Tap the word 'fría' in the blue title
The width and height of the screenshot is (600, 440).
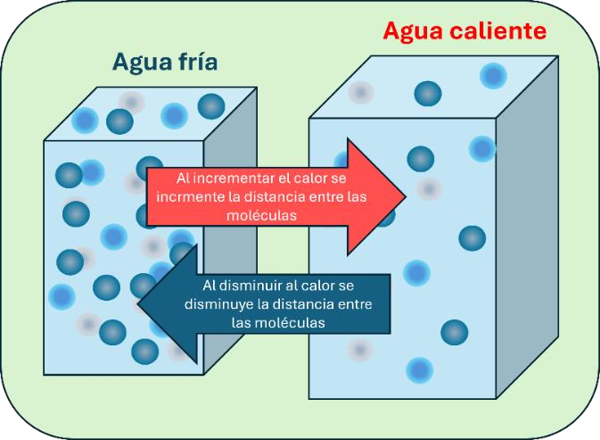[198, 62]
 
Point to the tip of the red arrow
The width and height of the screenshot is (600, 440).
[406, 197]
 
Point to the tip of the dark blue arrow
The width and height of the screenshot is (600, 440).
[137, 303]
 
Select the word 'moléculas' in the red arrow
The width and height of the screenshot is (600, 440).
[262, 215]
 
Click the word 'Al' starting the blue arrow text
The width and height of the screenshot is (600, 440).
[209, 286]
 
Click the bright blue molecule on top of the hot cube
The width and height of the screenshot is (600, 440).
[493, 76]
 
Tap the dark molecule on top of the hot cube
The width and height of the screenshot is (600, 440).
[428, 94]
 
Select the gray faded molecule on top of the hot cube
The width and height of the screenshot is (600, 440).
[360, 92]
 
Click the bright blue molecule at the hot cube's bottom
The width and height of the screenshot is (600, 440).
[419, 370]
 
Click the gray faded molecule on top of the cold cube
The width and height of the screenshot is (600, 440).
[131, 103]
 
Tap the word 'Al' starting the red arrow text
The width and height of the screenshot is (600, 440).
[183, 178]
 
